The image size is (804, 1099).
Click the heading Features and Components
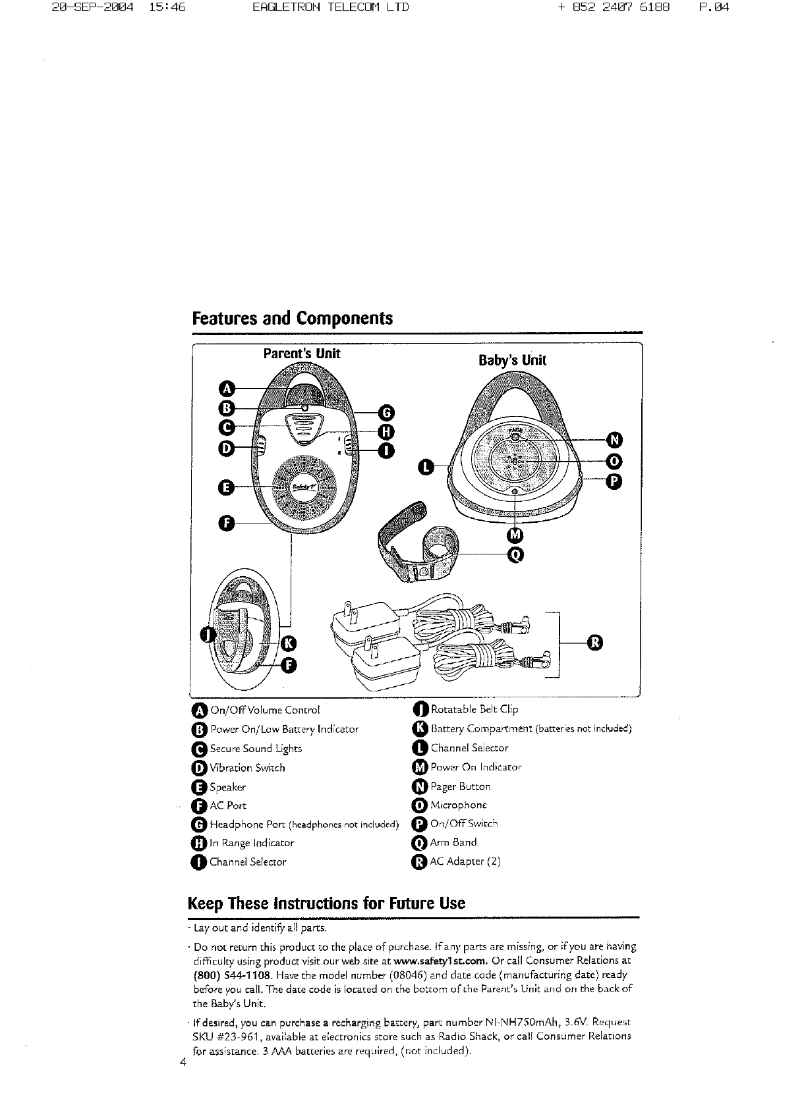point(292,318)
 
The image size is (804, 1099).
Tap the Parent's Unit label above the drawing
point(301,354)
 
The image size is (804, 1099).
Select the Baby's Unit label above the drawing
point(512,360)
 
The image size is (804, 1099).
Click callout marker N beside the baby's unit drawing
point(614,439)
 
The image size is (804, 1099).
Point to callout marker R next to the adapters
point(594,642)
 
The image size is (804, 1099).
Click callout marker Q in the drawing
point(516,556)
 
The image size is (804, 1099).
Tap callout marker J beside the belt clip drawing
point(207,633)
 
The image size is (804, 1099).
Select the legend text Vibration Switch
point(247,768)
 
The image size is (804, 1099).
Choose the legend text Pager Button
point(460,786)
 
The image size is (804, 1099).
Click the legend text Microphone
point(458,805)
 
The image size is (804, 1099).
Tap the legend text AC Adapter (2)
point(465,861)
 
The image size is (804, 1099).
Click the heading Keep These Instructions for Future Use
point(326,903)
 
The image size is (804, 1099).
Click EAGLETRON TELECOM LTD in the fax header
point(330,8)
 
